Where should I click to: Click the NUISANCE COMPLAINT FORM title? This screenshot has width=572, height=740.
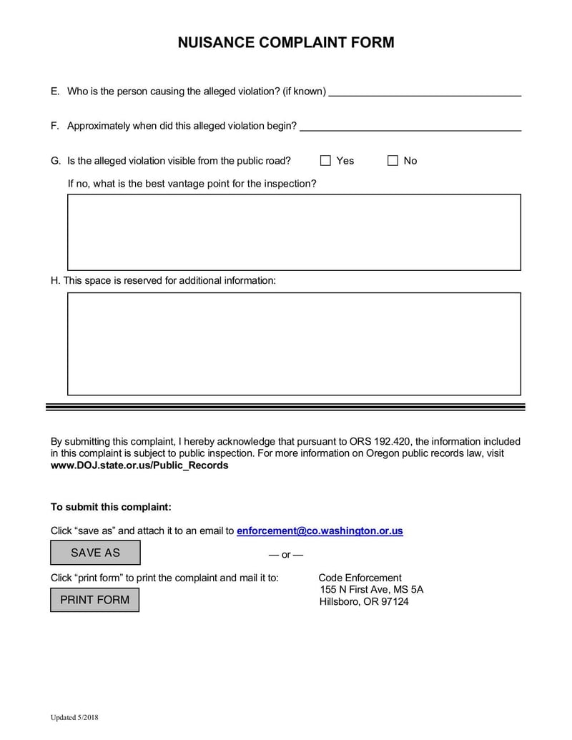tap(285, 42)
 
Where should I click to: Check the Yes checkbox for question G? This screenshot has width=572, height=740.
tap(325, 161)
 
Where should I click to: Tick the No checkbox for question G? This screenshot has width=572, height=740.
tap(393, 161)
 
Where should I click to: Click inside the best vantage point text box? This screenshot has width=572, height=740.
tap(294, 232)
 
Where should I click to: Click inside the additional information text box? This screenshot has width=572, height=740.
tap(294, 344)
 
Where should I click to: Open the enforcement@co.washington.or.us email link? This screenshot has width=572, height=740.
tap(320, 531)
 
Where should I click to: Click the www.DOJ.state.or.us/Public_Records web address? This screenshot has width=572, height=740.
tap(139, 465)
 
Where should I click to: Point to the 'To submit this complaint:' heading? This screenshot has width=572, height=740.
tap(111, 508)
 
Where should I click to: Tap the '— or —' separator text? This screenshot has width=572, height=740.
tap(285, 555)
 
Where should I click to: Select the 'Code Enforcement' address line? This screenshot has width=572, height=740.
tap(360, 578)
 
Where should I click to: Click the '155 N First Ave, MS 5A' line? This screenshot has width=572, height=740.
tap(371, 590)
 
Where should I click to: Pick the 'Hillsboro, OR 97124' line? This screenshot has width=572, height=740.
tap(364, 602)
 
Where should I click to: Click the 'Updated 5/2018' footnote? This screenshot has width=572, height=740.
tap(74, 717)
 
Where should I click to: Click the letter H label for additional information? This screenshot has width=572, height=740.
tap(54, 281)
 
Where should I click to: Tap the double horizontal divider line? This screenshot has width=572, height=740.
tap(285, 407)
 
